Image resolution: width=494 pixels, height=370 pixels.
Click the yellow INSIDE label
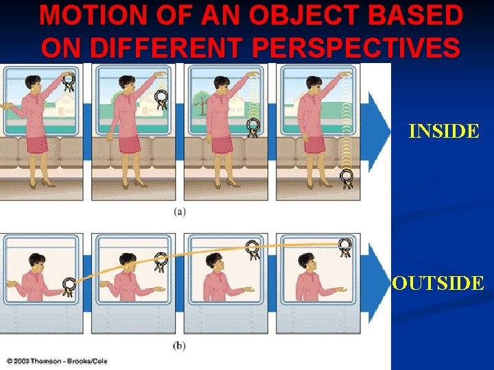(x=443, y=131)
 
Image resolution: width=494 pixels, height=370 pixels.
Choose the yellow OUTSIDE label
(x=438, y=282)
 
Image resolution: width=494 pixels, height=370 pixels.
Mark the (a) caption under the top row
(x=179, y=212)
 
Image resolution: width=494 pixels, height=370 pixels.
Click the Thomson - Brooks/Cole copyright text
(x=56, y=360)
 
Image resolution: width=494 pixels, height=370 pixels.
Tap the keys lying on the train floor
(x=347, y=178)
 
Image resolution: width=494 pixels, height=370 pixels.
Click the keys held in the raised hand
(x=69, y=84)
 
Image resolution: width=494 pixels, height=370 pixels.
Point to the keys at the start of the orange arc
(x=68, y=285)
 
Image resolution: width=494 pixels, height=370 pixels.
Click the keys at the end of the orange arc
(x=345, y=247)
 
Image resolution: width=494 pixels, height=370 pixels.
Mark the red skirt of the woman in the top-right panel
(x=314, y=143)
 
